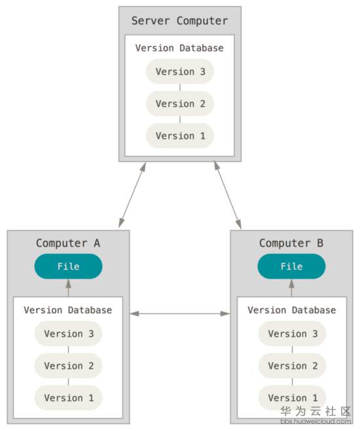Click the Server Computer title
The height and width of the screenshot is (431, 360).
[x=179, y=21]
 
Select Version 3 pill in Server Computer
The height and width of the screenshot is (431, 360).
[x=180, y=71]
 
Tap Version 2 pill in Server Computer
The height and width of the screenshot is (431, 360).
[x=180, y=103]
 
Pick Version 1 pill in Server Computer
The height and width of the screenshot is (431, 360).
[x=180, y=136]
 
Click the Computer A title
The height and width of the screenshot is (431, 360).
[x=68, y=243]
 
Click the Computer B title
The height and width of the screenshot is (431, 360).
[x=291, y=243]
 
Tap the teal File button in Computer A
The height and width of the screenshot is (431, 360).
[x=68, y=266]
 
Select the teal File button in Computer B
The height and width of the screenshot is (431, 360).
[x=291, y=266]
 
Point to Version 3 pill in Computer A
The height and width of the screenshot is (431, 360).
[x=68, y=334]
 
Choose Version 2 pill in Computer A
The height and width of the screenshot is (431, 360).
[x=68, y=366]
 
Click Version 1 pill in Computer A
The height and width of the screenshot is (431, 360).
[x=68, y=398]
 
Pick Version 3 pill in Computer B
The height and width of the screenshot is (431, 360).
[x=292, y=334]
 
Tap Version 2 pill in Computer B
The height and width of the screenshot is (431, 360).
[x=292, y=366]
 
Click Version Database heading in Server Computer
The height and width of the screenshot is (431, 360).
[x=179, y=48]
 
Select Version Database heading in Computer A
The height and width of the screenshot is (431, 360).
[x=68, y=310]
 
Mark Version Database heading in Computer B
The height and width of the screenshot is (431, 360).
[x=292, y=310]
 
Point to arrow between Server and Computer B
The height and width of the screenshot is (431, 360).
[x=228, y=195]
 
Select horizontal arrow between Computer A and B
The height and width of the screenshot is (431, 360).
[x=180, y=314]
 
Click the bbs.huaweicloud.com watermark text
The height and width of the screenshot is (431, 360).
[x=315, y=421]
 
